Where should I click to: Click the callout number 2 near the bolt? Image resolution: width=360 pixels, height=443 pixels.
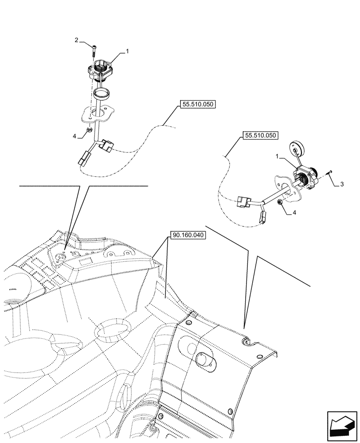click(77, 40)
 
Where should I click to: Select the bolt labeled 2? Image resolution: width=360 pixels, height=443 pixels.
click(94, 50)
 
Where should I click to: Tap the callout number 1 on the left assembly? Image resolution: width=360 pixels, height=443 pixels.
click(127, 51)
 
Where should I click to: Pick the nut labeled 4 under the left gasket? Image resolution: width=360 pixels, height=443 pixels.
click(89, 130)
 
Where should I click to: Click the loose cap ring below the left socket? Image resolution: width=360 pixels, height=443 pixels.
click(102, 94)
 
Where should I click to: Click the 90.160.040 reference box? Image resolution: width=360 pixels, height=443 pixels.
click(187, 235)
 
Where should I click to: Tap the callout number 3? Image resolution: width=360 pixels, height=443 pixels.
click(341, 184)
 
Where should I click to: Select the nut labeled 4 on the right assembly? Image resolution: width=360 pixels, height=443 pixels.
click(281, 202)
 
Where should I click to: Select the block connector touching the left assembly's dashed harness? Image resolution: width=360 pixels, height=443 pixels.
click(107, 145)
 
